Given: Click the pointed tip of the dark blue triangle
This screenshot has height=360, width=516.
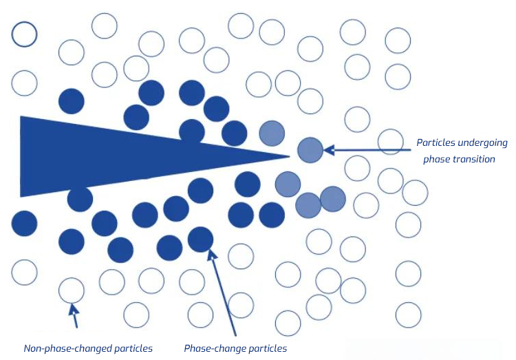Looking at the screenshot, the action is pyautogui.click(x=290, y=156).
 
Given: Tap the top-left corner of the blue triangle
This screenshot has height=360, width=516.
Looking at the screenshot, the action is pyautogui.click(x=21, y=116).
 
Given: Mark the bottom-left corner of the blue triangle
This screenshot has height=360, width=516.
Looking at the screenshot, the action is pyautogui.click(x=21, y=197).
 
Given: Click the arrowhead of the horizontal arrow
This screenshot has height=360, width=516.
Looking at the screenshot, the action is pyautogui.click(x=329, y=150).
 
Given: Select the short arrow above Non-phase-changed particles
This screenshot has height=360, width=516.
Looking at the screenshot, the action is pyautogui.click(x=74, y=315).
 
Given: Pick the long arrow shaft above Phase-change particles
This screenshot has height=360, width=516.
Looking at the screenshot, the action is pyautogui.click(x=222, y=293).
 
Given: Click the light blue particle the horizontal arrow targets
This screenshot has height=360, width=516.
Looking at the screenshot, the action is pyautogui.click(x=310, y=150).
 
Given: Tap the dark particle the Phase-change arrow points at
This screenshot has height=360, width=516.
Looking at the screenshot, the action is pyautogui.click(x=200, y=240).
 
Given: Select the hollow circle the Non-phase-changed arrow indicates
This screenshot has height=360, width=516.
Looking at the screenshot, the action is pyautogui.click(x=72, y=290).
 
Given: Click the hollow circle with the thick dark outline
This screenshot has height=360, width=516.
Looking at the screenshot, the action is pyautogui.click(x=24, y=34).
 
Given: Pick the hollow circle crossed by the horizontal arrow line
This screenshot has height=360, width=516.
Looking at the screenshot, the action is pyautogui.click(x=391, y=142).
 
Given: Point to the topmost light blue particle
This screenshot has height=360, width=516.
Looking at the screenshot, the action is pyautogui.click(x=272, y=134).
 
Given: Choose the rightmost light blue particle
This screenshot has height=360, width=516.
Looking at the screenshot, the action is pyautogui.click(x=333, y=199).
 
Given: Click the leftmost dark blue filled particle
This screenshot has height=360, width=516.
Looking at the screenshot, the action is pyautogui.click(x=24, y=223).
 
